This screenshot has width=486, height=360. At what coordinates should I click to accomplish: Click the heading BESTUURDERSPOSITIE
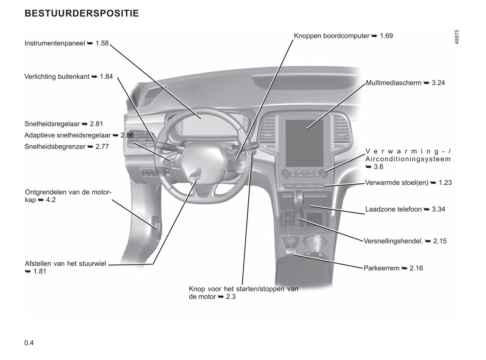click(82, 13)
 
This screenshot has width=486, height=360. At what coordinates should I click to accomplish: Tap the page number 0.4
click(29, 343)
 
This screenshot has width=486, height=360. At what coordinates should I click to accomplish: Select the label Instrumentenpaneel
click(55, 43)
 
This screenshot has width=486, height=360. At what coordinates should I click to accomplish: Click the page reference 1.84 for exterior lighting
click(106, 76)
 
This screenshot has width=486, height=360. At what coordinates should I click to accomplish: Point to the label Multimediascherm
click(394, 83)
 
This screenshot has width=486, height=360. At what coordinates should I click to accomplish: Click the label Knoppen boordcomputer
click(332, 36)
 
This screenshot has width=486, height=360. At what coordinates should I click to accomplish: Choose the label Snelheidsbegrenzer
click(55, 146)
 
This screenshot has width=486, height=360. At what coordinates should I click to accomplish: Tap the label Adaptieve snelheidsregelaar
click(68, 135)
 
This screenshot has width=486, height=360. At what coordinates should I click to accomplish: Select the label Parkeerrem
click(381, 268)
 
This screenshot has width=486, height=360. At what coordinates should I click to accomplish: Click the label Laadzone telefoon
click(394, 209)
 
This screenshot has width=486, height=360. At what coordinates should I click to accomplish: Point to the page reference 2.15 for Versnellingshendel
click(440, 241)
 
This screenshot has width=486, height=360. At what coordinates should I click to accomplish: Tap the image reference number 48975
click(457, 37)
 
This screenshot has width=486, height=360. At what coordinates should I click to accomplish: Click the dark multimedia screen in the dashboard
click(304, 143)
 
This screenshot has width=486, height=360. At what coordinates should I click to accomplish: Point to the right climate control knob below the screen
click(324, 173)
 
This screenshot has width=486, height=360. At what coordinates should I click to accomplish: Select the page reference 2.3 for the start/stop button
click(231, 296)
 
